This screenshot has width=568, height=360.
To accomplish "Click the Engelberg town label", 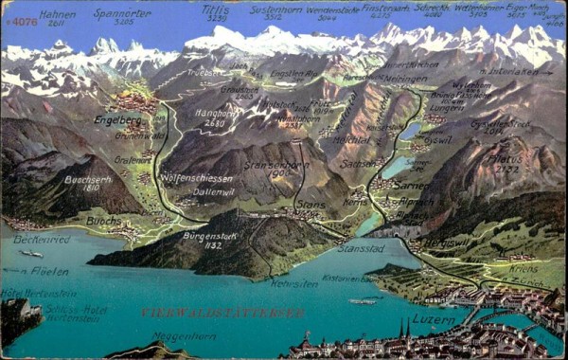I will [117, 120].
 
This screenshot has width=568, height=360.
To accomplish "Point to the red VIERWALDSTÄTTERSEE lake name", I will [223, 312].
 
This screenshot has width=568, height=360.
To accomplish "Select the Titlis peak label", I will [217, 12].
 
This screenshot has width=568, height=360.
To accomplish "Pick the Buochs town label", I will [104, 220].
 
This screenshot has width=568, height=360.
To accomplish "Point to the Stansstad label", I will [361, 248].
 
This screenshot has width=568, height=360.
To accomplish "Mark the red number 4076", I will [23, 21].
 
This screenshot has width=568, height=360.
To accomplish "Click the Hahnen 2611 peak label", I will [58, 16].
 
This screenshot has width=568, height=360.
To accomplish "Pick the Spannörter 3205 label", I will [121, 15].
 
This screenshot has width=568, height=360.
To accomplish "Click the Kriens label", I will [524, 269].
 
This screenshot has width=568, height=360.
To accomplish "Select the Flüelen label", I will [49, 271].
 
